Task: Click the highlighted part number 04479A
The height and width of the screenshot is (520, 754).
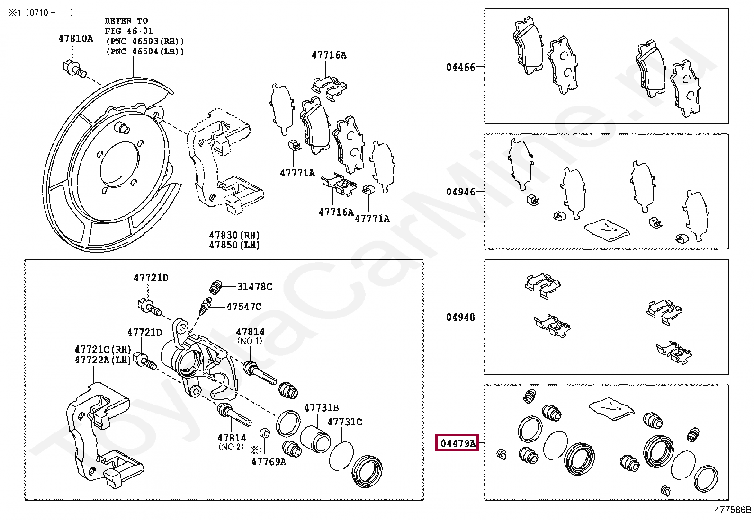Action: (x=457, y=443)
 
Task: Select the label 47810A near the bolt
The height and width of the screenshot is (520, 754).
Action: (x=76, y=38)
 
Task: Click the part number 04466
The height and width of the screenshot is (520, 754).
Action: (x=460, y=67)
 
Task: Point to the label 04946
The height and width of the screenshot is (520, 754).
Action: (x=460, y=192)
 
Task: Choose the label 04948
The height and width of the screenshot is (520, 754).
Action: (x=460, y=317)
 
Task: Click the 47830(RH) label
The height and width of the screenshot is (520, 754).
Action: (x=234, y=235)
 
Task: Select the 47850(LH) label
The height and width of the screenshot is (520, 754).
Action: (x=234, y=245)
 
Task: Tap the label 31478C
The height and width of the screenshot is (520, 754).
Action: (x=254, y=286)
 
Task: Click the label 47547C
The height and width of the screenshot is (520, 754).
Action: (x=243, y=307)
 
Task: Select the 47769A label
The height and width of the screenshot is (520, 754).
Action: (x=269, y=461)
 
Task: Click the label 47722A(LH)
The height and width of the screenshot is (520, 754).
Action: (x=102, y=360)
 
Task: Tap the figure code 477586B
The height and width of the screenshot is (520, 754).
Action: (x=733, y=510)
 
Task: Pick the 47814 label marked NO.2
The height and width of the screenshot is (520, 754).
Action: (x=231, y=438)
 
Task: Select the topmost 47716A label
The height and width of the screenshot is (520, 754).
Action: (x=329, y=55)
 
